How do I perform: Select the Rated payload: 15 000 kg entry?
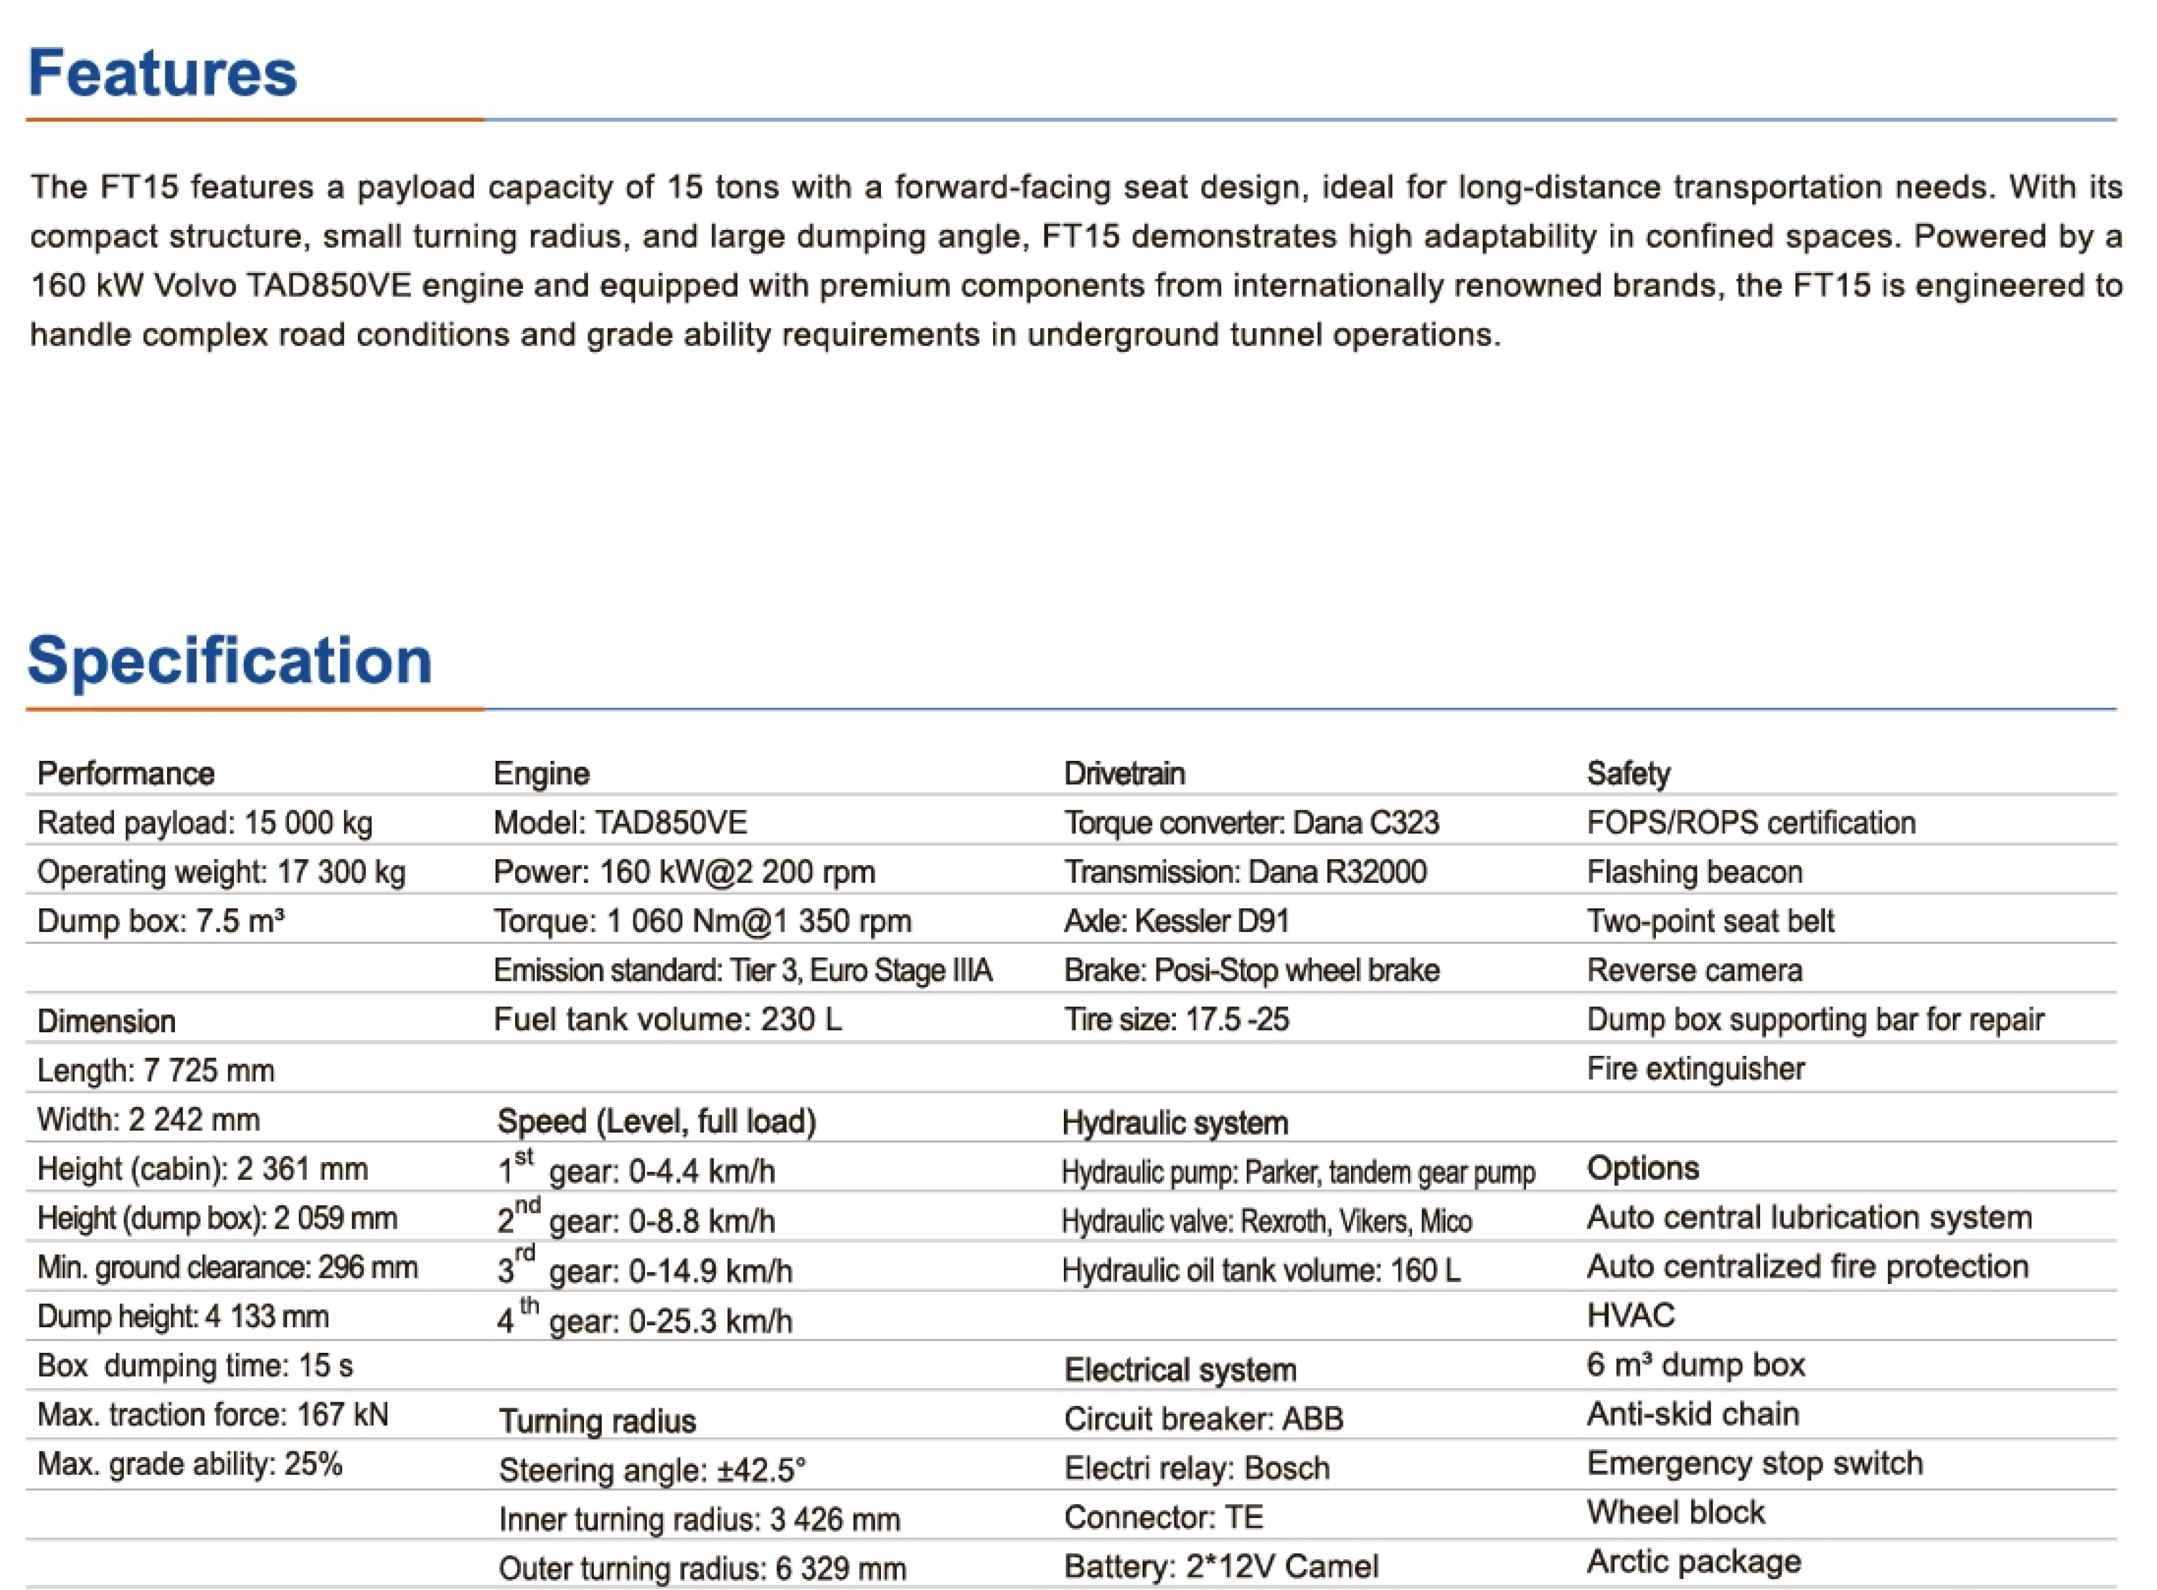(204, 823)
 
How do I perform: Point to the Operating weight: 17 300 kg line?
(221, 872)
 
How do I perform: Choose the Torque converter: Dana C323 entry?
(1250, 823)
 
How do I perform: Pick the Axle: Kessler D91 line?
(1175, 921)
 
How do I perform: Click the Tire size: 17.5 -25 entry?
(1175, 1019)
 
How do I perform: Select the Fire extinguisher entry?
(1695, 1068)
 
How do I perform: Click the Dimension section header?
(106, 1021)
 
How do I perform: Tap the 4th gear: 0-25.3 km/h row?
(644, 1319)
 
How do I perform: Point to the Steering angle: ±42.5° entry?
(652, 1470)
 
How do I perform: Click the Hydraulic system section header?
(1174, 1122)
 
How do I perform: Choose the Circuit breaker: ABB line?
(1202, 1419)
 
